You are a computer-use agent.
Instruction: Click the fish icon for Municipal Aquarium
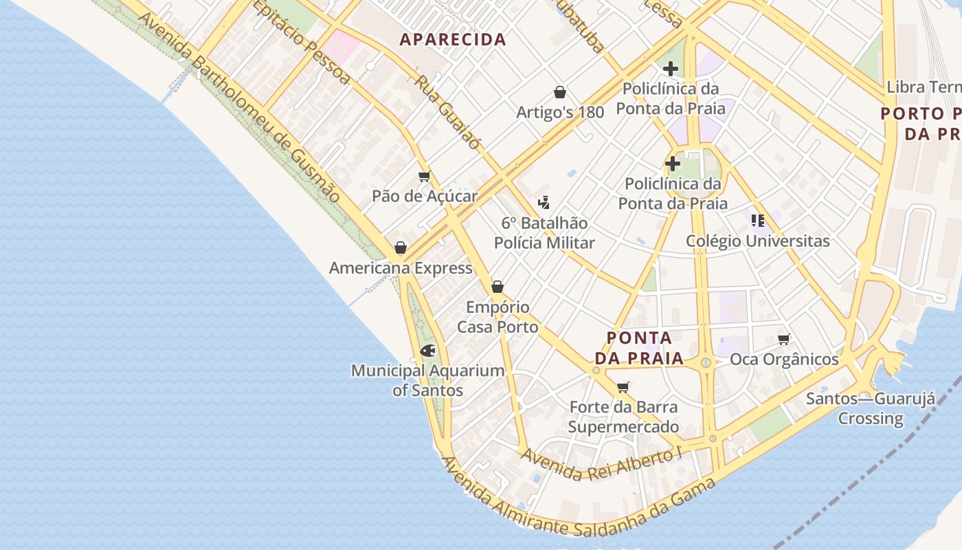pyautogui.click(x=427, y=351)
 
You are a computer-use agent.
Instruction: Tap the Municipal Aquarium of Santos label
pyautogui.click(x=427, y=380)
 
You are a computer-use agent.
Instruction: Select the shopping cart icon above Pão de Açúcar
pyautogui.click(x=425, y=177)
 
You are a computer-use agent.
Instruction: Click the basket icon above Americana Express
pyautogui.click(x=401, y=247)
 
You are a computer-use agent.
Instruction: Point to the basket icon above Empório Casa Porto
pyautogui.click(x=497, y=287)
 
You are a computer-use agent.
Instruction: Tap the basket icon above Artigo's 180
pyautogui.click(x=560, y=92)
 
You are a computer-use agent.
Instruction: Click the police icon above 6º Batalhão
pyautogui.click(x=544, y=203)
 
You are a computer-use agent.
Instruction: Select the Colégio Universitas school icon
pyautogui.click(x=758, y=221)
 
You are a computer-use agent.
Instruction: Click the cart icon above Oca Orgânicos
pyautogui.click(x=784, y=339)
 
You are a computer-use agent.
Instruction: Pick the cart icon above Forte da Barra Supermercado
pyautogui.click(x=623, y=387)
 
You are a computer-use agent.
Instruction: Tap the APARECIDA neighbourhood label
pyautogui.click(x=453, y=40)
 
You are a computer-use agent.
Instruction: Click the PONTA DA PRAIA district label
pyautogui.click(x=639, y=348)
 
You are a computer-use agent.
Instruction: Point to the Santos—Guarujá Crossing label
pyautogui.click(x=871, y=408)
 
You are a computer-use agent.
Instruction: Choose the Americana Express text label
pyautogui.click(x=401, y=268)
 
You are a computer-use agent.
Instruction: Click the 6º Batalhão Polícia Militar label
pyautogui.click(x=544, y=232)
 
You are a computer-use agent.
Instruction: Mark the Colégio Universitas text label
pyautogui.click(x=758, y=241)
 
